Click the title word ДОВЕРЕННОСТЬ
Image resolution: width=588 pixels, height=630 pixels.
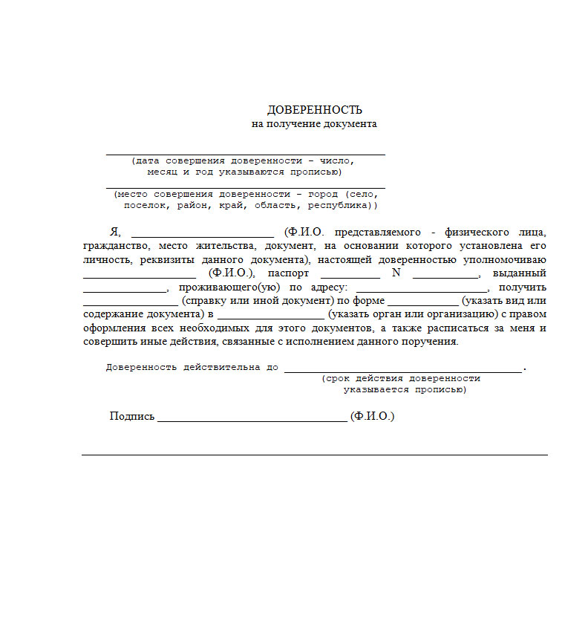(x=315, y=110)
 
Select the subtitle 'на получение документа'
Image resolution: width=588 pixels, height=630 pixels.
(x=315, y=124)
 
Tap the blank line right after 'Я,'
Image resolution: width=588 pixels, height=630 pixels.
(x=202, y=233)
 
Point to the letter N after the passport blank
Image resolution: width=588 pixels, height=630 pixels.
(x=396, y=273)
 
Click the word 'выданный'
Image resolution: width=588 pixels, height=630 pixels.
(x=519, y=273)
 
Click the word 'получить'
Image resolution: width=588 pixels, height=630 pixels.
(x=523, y=288)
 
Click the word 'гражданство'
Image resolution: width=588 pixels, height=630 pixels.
(x=111, y=247)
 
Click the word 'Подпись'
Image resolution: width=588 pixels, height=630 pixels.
(x=132, y=417)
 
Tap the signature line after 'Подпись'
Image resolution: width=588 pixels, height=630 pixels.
(x=252, y=420)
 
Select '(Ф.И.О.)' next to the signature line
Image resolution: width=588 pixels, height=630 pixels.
(x=373, y=417)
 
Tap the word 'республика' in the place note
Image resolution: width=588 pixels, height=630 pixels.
(x=339, y=205)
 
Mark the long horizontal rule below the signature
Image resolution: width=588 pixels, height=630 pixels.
(x=315, y=454)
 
